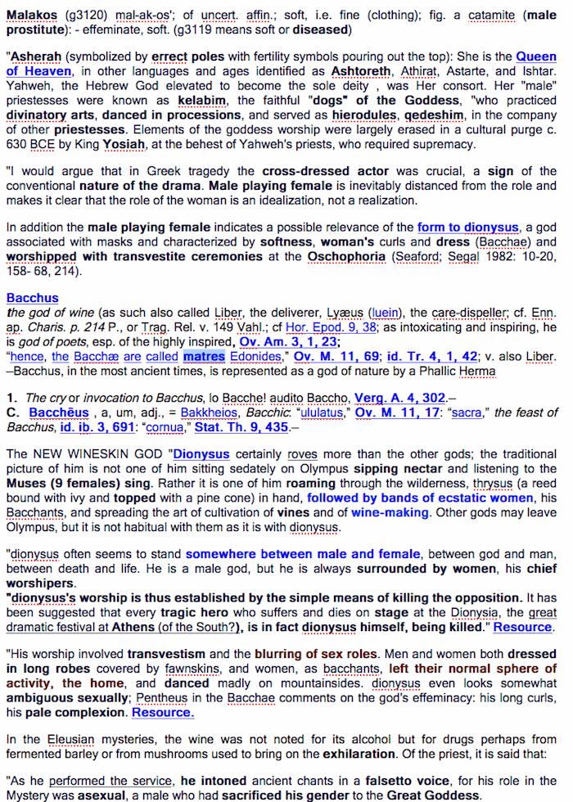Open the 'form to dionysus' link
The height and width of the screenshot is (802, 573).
coord(467,228)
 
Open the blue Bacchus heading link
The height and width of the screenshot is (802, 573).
coord(32,298)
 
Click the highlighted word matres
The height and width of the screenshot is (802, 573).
coord(205,357)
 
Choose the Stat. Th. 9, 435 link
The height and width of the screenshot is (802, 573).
coord(255,426)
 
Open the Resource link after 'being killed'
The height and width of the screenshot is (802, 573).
coord(524,627)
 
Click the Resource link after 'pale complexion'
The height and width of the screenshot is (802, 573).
coord(163,713)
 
